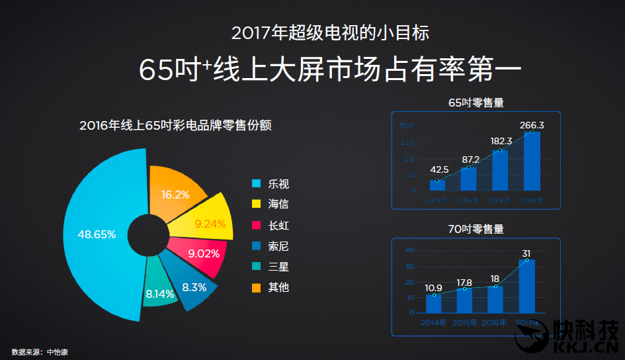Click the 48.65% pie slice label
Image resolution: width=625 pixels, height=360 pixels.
coord(97,234)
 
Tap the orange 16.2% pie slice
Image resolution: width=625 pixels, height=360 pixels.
coord(175,195)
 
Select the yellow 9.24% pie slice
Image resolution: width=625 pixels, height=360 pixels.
coord(210,224)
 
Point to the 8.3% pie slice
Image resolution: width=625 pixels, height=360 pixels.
coord(194,287)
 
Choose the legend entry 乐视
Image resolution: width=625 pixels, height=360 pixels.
coord(278,184)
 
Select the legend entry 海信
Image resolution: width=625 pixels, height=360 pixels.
coord(278,204)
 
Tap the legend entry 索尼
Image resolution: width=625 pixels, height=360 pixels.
coord(278,246)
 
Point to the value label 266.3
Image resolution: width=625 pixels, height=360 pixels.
coord(532,125)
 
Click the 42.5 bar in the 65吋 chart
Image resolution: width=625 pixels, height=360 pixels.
coord(437,185)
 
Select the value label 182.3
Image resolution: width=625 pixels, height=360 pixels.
coord(501,141)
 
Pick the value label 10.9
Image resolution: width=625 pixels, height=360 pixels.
coord(434,288)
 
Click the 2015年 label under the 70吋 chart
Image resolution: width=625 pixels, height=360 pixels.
coord(464,323)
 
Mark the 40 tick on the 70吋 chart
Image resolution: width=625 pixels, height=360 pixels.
coord(409,250)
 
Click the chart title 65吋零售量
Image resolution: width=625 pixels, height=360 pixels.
coord(476,103)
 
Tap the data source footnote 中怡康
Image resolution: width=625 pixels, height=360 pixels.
coord(57,352)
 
